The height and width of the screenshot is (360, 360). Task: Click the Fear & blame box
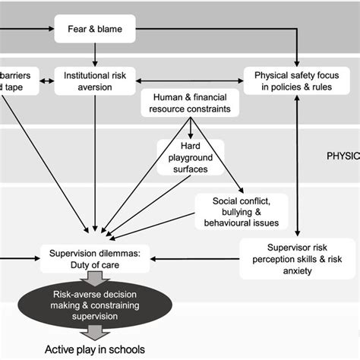(x=95, y=31)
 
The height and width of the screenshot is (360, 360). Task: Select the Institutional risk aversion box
(x=95, y=81)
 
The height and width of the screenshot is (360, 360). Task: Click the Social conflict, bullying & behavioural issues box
(x=242, y=210)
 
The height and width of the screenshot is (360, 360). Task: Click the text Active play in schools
(x=95, y=349)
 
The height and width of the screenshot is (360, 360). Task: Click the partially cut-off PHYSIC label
(x=343, y=156)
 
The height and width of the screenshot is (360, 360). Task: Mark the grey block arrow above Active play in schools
(x=95, y=332)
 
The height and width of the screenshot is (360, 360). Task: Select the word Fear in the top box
(x=80, y=31)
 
